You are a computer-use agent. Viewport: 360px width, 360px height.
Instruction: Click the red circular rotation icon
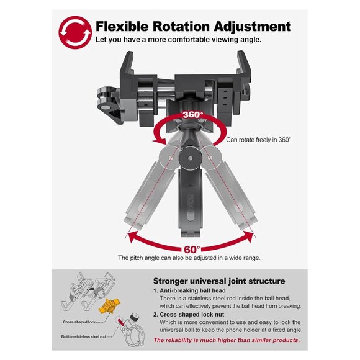(x=75, y=32)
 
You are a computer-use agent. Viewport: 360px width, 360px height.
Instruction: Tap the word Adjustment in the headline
(x=252, y=27)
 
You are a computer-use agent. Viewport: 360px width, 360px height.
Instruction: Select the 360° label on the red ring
(x=192, y=115)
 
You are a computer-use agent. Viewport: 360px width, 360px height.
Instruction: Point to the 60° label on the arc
(x=192, y=250)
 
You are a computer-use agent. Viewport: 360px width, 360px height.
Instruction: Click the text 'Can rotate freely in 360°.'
(x=259, y=140)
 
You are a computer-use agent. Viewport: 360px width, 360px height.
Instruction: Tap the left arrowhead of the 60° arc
(x=133, y=236)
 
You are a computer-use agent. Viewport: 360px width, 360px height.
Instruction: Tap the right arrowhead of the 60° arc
(x=249, y=236)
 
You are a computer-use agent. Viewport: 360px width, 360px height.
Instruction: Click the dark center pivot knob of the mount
(x=190, y=158)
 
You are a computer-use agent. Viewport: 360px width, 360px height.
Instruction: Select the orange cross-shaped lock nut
(x=109, y=306)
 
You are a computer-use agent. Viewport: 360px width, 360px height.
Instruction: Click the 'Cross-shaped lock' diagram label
(x=79, y=322)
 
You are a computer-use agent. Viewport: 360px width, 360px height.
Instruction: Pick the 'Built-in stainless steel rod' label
(x=83, y=336)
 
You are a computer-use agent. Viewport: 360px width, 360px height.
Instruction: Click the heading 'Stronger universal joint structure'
(x=219, y=281)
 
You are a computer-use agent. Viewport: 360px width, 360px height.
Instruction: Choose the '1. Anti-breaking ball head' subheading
(x=189, y=290)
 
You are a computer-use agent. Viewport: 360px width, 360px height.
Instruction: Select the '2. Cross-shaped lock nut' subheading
(x=189, y=314)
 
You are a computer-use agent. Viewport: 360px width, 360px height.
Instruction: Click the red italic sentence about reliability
(x=227, y=340)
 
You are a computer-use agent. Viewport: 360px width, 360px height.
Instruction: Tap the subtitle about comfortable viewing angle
(x=178, y=40)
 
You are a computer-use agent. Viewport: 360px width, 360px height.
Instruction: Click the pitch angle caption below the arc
(x=189, y=258)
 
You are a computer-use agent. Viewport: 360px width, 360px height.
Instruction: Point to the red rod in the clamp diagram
(x=121, y=322)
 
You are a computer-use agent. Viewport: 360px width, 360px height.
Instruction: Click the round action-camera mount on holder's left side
(x=105, y=99)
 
